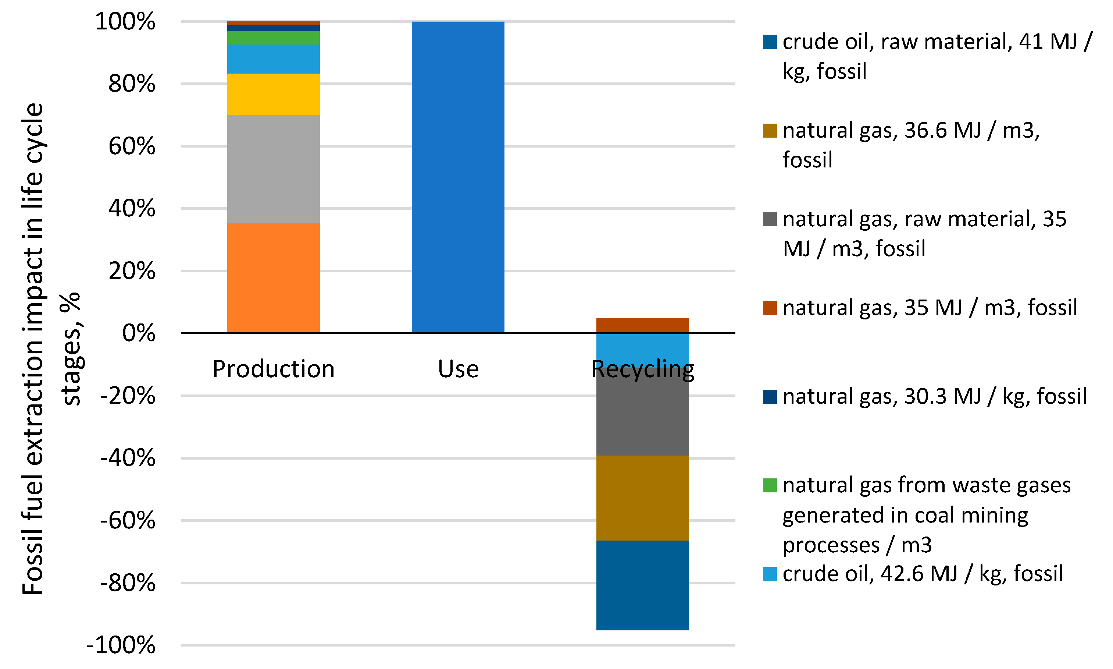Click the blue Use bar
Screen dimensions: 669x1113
(458, 177)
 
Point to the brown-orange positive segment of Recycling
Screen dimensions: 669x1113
(642, 325)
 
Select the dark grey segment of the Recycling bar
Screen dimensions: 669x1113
(642, 417)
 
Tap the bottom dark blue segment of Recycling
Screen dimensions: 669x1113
(642, 585)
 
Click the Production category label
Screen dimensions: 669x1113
(274, 369)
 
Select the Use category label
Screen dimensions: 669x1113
(458, 369)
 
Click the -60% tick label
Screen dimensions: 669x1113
(128, 521)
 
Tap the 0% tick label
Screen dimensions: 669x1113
(138, 334)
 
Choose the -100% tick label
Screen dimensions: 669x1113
(121, 645)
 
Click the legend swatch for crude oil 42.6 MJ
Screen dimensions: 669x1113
(770, 574)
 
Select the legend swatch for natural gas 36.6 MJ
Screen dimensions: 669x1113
(770, 131)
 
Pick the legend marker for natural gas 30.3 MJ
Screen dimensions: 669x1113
(770, 397)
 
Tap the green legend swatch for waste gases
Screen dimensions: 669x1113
(770, 485)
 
